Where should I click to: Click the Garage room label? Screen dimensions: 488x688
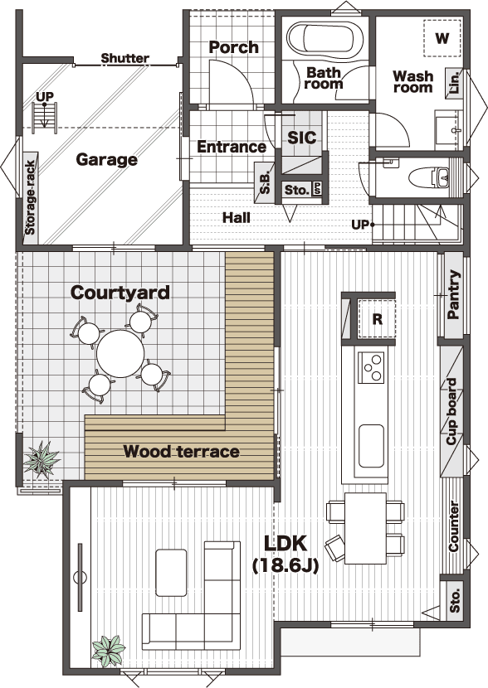tap(107, 160)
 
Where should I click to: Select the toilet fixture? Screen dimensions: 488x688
tap(429, 177)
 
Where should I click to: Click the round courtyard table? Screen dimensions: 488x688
tap(120, 354)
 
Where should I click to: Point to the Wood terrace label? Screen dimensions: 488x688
tap(181, 452)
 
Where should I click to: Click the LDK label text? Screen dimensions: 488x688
tap(285, 543)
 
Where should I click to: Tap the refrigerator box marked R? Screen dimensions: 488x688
tap(377, 319)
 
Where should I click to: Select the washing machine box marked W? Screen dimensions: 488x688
tap(442, 38)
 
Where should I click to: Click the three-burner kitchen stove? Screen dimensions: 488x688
tap(371, 368)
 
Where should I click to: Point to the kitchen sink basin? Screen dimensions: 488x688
tap(371, 446)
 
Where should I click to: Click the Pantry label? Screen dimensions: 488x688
tap(453, 294)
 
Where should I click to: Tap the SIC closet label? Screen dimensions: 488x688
tap(302, 138)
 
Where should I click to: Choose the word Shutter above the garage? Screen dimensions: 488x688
tap(125, 58)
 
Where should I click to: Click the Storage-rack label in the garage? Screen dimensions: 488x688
tap(30, 198)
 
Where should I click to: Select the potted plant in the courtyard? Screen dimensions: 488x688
tap(41, 459)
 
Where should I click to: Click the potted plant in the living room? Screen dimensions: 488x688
tap(109, 652)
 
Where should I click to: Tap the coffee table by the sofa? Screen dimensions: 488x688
tap(171, 573)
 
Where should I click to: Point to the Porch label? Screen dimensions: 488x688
tap(234, 47)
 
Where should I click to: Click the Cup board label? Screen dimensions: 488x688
tap(451, 412)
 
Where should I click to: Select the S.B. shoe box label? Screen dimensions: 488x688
tap(266, 182)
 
